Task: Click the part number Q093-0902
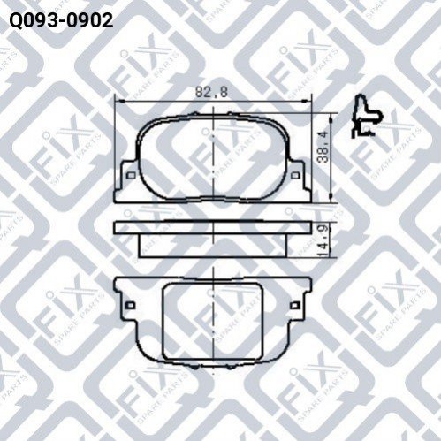61,20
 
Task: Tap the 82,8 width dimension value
211,92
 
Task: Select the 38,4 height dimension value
323,148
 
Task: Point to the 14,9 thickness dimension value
323,240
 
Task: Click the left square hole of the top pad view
131,176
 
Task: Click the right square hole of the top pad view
295,176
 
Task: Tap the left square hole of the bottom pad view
130,305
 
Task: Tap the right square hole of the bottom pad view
295,305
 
